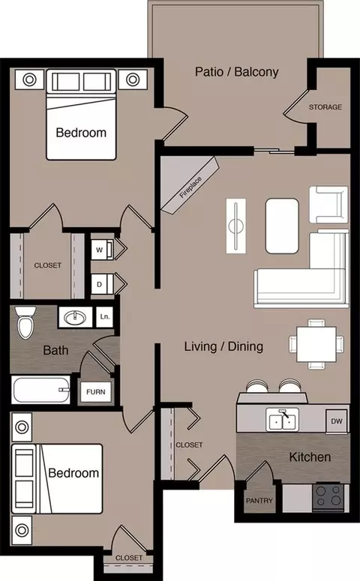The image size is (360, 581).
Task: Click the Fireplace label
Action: [x=190, y=187]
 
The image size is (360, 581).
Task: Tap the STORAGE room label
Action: [x=325, y=107]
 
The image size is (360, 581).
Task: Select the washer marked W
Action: [x=102, y=250]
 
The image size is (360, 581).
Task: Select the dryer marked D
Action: [x=102, y=285]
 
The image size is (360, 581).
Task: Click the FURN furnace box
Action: [x=96, y=391]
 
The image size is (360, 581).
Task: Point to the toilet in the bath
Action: [x=26, y=322]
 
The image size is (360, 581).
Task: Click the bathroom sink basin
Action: [x=75, y=317]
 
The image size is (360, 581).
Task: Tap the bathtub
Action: [x=40, y=390]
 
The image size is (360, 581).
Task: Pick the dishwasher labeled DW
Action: [x=337, y=421]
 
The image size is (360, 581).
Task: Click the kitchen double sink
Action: [x=283, y=420]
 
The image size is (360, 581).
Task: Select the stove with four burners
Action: [x=328, y=496]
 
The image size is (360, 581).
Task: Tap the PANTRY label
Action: [x=259, y=501]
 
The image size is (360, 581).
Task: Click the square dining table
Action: [x=316, y=344]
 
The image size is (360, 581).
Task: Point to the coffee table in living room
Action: [x=282, y=226]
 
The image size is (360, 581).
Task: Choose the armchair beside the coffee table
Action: [x=328, y=205]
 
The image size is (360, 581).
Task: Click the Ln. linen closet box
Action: [x=104, y=317]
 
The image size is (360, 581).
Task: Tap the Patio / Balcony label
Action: [x=237, y=71]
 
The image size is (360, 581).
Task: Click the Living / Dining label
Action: [x=224, y=346]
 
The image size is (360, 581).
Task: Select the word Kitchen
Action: [x=310, y=457]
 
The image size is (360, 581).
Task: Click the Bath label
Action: [x=55, y=350]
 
